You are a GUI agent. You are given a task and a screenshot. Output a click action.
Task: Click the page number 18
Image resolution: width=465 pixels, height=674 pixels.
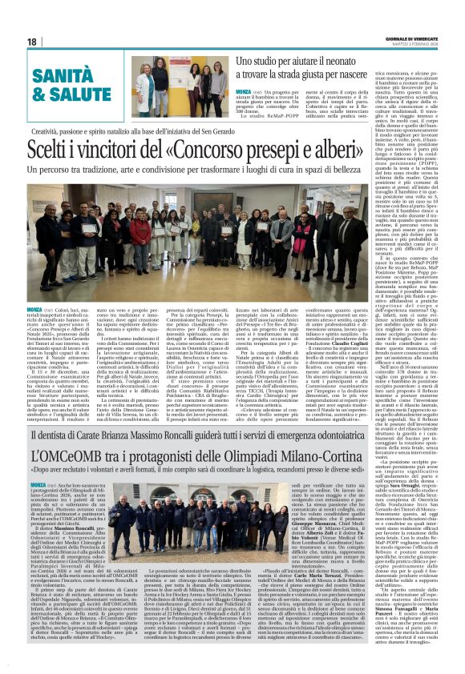(32, 42)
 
